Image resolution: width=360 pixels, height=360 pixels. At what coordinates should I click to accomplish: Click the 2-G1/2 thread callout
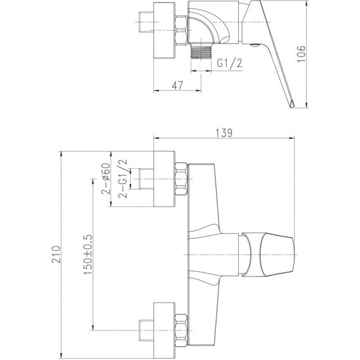[x=123, y=179]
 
